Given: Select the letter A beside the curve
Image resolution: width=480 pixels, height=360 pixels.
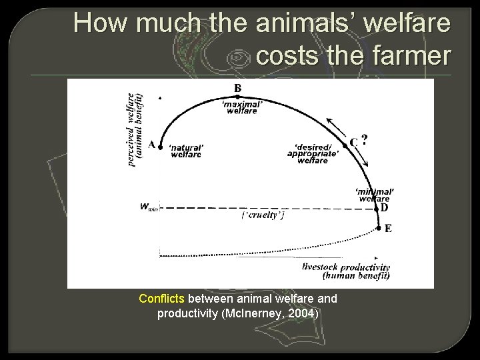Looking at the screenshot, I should tap(152, 143).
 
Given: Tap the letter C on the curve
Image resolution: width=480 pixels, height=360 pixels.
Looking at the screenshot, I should tap(353, 141).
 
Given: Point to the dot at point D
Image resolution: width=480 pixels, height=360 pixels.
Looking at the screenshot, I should tap(375, 207).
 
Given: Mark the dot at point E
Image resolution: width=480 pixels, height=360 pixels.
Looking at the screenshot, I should tap(378, 228).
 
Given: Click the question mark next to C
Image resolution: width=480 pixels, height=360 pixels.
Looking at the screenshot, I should tap(365, 139).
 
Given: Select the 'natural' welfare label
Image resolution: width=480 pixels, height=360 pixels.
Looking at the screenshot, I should tap(185, 150).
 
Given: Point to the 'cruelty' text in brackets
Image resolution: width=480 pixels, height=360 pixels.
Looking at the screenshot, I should tap(262, 214).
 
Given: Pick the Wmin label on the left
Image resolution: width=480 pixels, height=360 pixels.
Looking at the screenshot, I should tap(149, 207).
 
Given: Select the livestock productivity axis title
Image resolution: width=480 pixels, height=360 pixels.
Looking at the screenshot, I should tap(356, 270).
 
